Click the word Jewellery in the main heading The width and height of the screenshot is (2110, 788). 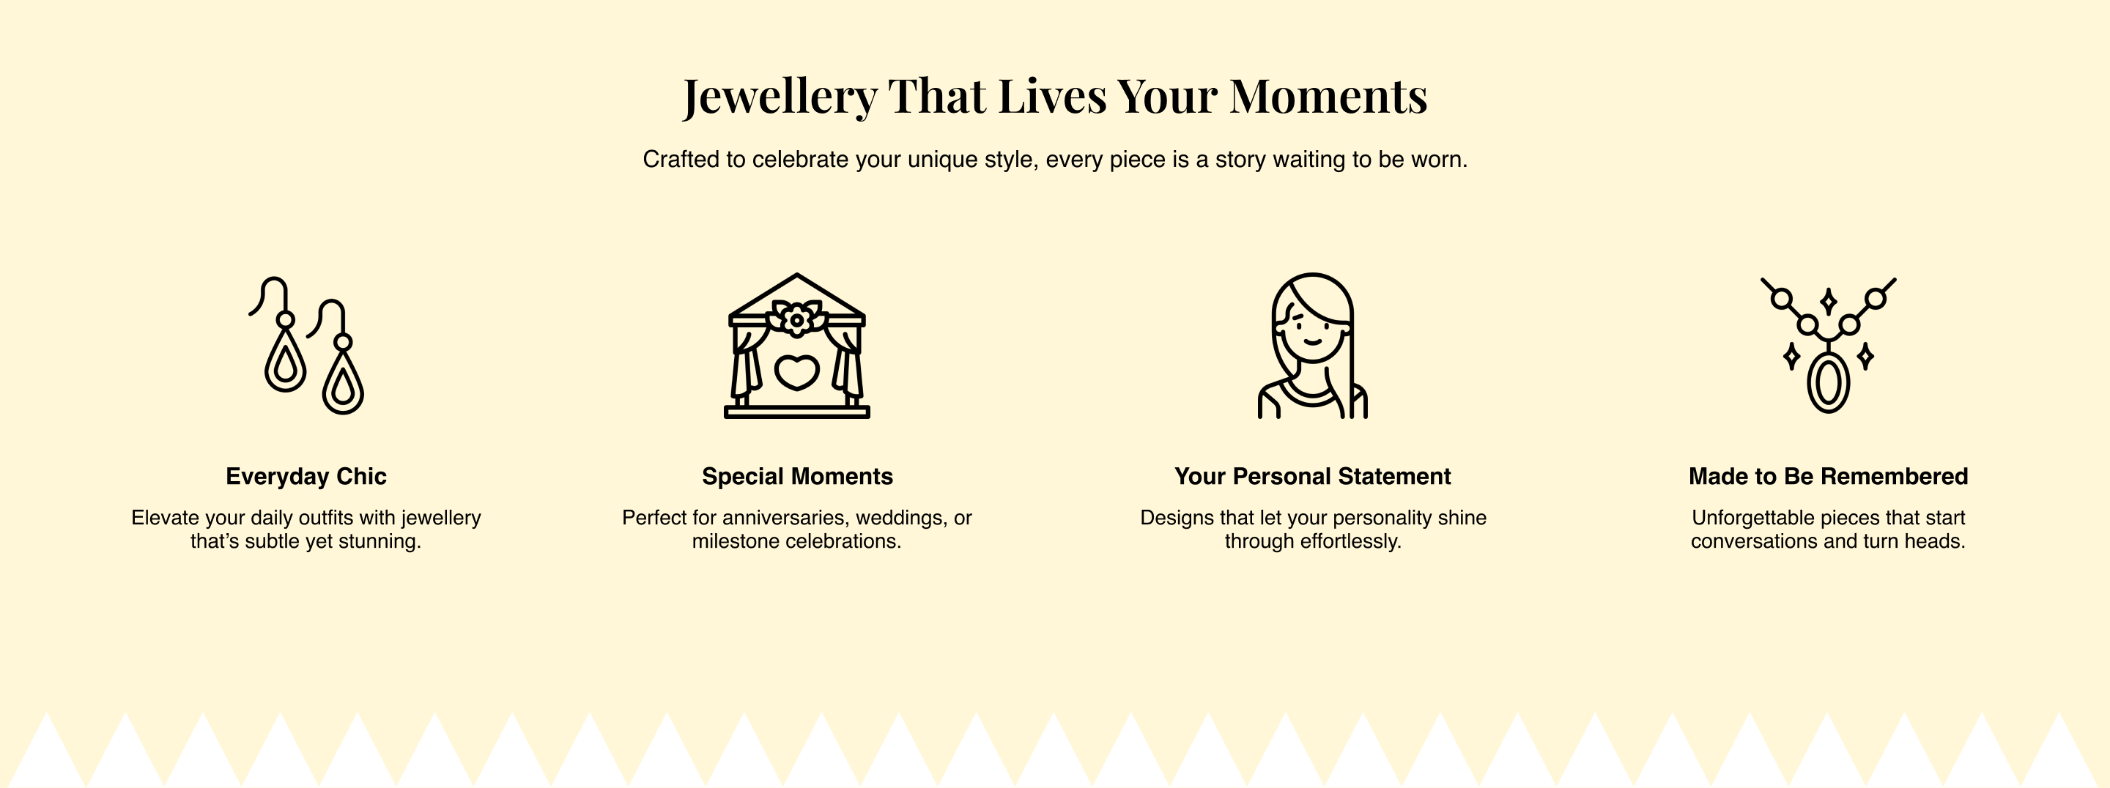click(780, 97)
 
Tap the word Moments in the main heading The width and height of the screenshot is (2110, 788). click(1328, 96)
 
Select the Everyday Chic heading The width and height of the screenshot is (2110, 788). click(306, 476)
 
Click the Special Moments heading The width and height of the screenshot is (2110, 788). click(797, 476)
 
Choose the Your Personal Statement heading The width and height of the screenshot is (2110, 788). click(1312, 476)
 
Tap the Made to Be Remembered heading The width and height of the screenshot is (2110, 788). click(1828, 476)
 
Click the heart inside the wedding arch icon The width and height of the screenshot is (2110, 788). click(797, 372)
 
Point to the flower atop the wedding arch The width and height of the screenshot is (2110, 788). click(796, 318)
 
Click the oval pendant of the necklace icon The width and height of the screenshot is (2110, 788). click(1828, 382)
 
